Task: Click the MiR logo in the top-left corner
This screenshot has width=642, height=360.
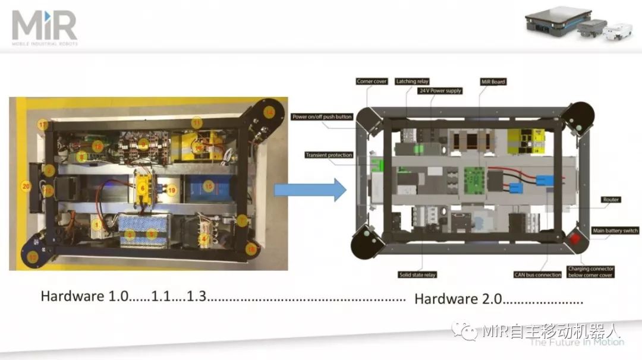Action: pyautogui.click(x=45, y=27)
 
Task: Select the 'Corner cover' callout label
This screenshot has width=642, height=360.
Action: pyautogui.click(x=372, y=81)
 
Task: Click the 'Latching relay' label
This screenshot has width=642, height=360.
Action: pyautogui.click(x=412, y=81)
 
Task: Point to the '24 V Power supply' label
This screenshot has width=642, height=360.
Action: pyautogui.click(x=440, y=91)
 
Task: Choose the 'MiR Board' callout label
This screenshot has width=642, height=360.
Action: pyautogui.click(x=493, y=81)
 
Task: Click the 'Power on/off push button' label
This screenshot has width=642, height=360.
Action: pyautogui.click(x=322, y=117)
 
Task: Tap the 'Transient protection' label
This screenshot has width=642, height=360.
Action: pyautogui.click(x=329, y=155)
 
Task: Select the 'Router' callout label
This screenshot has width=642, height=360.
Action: pyautogui.click(x=610, y=200)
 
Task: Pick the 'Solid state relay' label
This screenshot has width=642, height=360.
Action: pyautogui.click(x=417, y=274)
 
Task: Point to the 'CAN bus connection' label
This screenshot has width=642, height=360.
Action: pyautogui.click(x=537, y=274)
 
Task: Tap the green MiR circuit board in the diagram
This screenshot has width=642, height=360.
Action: pyautogui.click(x=476, y=177)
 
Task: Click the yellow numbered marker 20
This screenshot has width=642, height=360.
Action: pyautogui.click(x=26, y=186)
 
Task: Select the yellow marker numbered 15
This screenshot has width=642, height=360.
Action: pyautogui.click(x=208, y=185)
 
